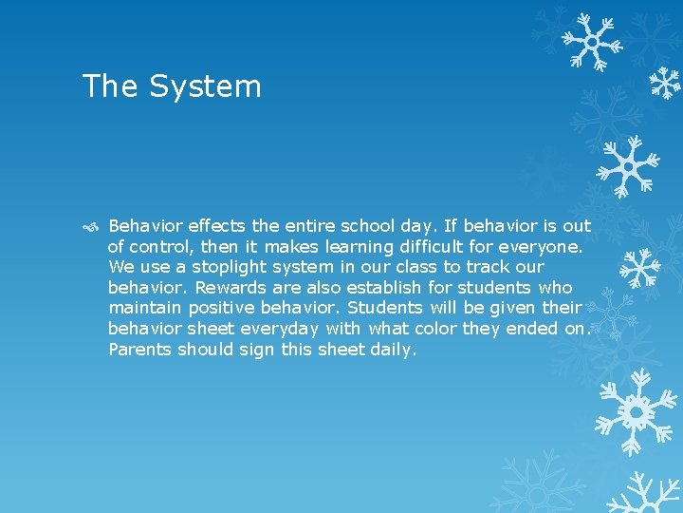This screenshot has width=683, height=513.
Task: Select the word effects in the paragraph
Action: [x=217, y=226]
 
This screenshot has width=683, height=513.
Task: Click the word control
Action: [x=157, y=247]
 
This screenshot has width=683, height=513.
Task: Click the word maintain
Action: [x=145, y=308]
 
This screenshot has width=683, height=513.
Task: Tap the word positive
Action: [x=222, y=308]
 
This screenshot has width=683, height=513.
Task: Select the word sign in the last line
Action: [x=259, y=350]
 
